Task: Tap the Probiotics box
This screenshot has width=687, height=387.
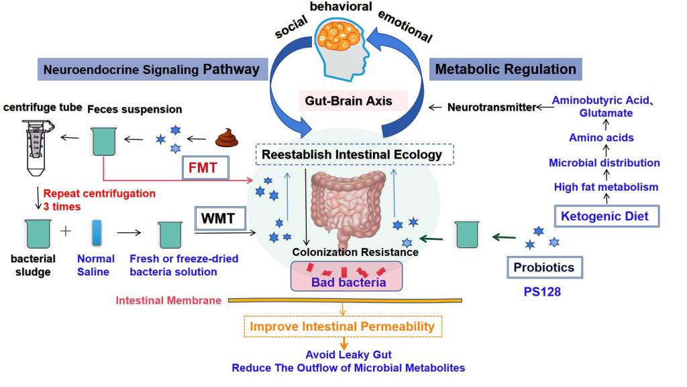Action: [543, 267]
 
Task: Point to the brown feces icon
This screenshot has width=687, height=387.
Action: [226, 140]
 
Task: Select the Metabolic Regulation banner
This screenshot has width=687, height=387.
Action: [505, 69]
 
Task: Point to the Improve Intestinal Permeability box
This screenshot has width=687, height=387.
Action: [342, 327]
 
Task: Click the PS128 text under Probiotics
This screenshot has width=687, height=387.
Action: [545, 293]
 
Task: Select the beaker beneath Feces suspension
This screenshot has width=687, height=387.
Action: [103, 142]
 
